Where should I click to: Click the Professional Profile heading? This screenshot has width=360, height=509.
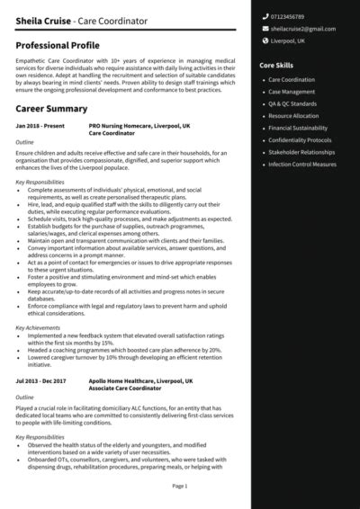coord(58,44)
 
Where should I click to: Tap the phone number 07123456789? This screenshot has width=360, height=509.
coord(288,17)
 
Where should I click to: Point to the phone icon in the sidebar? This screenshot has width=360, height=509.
coord(264,17)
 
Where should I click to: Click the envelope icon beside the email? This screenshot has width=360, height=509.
coord(264,29)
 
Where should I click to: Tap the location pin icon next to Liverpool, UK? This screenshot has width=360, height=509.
coord(264,40)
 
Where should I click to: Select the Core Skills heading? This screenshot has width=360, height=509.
coord(275,66)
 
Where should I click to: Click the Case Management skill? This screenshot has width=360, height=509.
coord(292,92)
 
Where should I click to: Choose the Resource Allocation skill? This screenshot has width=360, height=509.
coord(294,116)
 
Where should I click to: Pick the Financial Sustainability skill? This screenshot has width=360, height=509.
coord(298,129)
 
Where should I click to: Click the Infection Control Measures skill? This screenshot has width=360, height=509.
coord(302,165)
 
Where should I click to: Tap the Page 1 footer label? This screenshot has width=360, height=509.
coord(179,486)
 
